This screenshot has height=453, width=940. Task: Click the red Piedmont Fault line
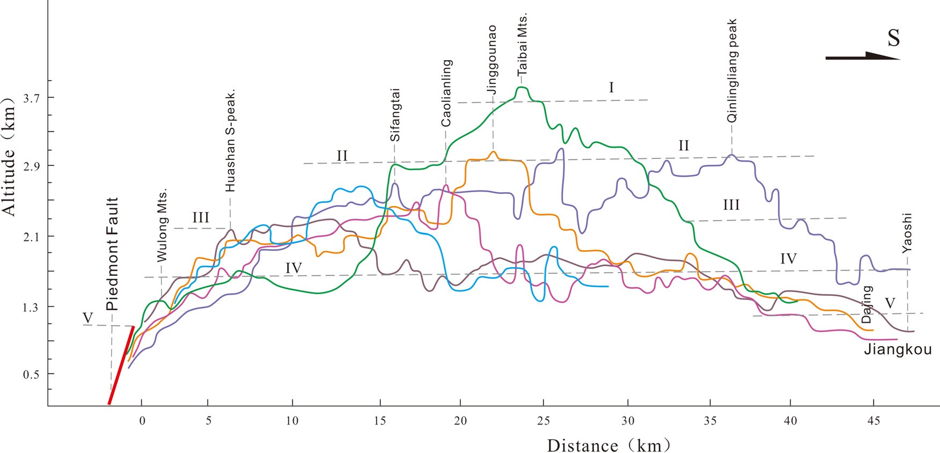point(121,365)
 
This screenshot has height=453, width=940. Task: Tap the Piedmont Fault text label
point(112,254)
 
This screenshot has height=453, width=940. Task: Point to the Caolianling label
point(446,92)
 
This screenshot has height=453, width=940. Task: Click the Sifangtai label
point(395,114)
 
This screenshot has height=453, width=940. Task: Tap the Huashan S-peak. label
point(230,140)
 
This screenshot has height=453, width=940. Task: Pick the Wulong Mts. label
point(162,225)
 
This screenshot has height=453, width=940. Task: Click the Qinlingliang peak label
point(732,71)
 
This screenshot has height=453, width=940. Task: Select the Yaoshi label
point(907,233)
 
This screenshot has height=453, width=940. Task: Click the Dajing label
point(867,304)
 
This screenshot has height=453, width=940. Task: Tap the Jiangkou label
point(898,350)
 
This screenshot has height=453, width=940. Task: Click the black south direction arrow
point(862,56)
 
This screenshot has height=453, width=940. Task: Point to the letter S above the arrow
point(893,38)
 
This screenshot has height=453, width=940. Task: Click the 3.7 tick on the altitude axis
point(32,97)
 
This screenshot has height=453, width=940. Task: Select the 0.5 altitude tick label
point(32,374)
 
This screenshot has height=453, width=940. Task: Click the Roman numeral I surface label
point(611,87)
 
